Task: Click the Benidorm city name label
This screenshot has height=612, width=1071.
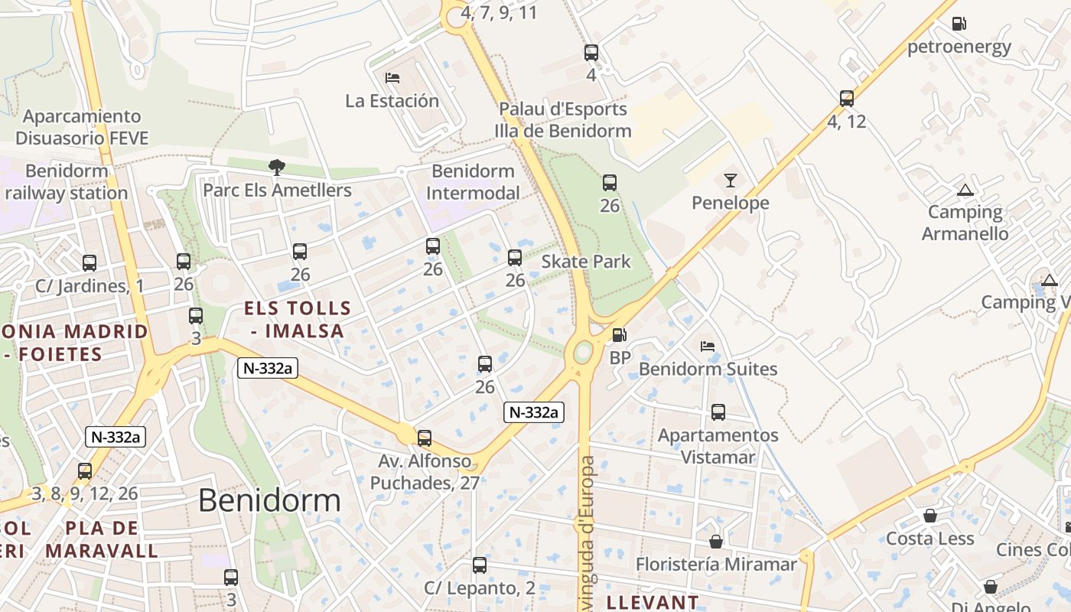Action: pos(269,500)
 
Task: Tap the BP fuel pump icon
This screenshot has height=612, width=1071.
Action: pos(619,335)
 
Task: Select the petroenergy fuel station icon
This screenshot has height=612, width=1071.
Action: pos(959,24)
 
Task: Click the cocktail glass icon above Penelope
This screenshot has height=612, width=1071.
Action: pos(730,181)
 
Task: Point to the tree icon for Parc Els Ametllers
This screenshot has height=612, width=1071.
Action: pos(276,167)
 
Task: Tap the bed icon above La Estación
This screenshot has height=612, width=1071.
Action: pos(392,78)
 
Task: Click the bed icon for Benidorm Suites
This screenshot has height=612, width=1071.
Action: pos(708,347)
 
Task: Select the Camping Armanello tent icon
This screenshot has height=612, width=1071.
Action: pos(965,190)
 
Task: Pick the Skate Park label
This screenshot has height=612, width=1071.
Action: pos(586,262)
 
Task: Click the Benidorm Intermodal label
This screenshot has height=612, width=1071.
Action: pos(473,181)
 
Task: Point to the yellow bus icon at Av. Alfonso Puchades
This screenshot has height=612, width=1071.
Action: pos(425,438)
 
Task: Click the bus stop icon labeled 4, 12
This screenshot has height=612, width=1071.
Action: pos(846,99)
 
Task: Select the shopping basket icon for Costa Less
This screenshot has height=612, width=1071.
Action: pos(930,516)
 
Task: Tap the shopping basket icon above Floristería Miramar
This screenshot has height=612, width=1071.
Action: pos(716,542)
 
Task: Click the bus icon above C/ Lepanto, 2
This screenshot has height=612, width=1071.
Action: pos(480,565)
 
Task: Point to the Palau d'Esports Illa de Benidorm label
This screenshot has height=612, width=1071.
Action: pos(563,120)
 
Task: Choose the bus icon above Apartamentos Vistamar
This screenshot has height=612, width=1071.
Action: pos(718,412)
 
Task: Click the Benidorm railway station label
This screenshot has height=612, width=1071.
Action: pos(66,181)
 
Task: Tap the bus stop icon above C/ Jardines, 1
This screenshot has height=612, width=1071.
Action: pos(90,263)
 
